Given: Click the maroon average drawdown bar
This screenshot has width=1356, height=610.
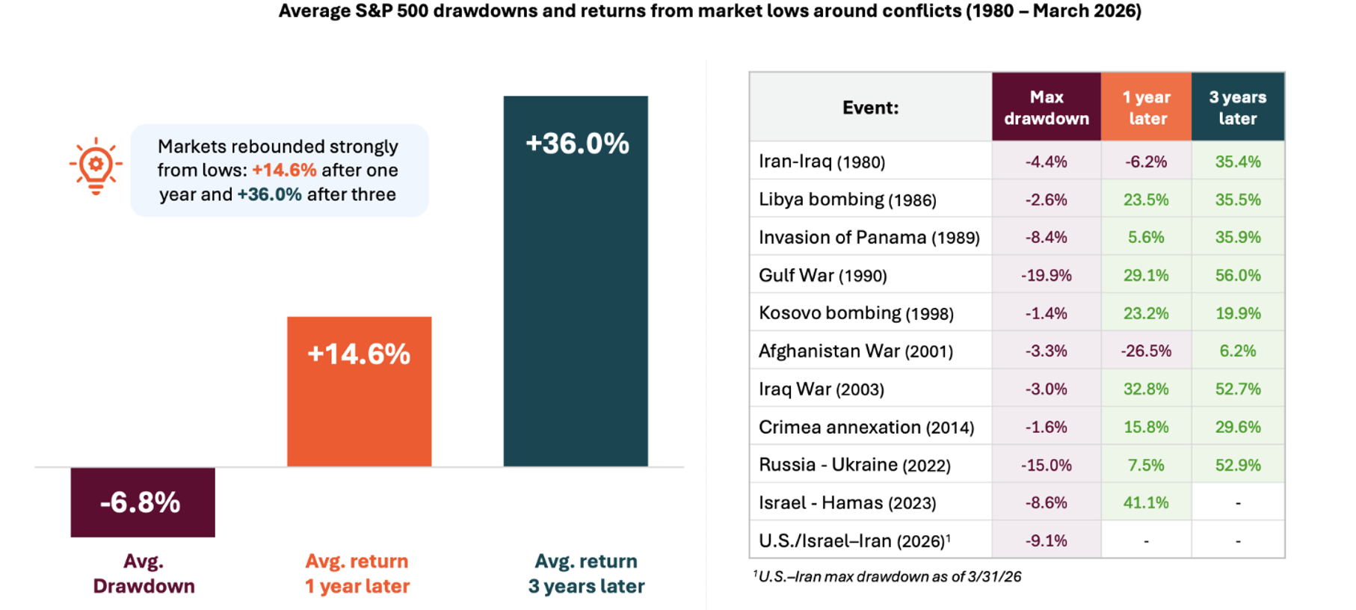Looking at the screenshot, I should coord(143,502).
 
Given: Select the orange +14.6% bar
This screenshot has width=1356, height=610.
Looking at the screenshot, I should coord(359,392).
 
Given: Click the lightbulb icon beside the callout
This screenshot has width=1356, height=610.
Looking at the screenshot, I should coord(96,167).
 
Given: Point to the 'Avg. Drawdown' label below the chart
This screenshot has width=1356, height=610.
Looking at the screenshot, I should coord(144,573).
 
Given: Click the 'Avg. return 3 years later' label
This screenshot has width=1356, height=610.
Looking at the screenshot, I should coord(586,573).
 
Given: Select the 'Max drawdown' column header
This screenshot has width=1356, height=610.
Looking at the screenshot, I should coord(1046,107).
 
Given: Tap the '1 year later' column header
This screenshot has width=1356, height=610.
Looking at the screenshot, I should coord(1146,107).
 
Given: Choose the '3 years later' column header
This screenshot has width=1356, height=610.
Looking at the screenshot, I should coord(1237,107).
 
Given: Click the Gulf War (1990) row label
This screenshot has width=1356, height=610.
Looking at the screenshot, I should coord(822,275).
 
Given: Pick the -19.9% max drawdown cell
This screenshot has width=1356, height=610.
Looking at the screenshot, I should coord(1046,275).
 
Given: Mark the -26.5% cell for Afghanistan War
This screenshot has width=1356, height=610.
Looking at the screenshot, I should coord(1146,351).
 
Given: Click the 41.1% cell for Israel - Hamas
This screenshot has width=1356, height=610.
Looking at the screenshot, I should coord(1146,502).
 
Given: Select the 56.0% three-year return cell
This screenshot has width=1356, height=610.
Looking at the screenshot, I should coord(1237,275).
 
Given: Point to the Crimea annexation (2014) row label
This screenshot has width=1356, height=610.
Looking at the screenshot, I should coord(866,427).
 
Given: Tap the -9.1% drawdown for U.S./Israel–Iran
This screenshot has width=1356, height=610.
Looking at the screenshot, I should coord(1046,540).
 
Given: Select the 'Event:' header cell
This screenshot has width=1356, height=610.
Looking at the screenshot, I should coord(870,107).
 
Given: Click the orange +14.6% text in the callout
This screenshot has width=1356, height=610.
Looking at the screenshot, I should coord(284,170).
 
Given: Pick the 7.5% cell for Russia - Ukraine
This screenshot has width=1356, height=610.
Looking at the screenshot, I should coord(1146,465).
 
